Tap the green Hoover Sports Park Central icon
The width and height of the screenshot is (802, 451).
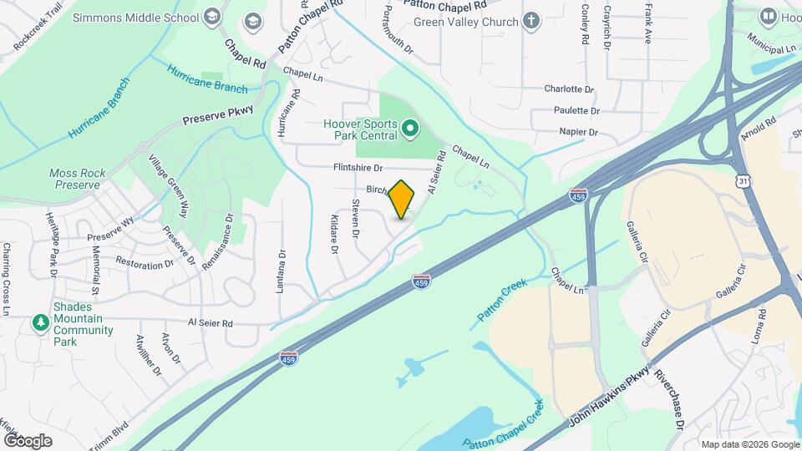[409, 129]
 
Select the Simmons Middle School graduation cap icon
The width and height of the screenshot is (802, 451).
[212, 17]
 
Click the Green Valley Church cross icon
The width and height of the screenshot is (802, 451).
[531, 22]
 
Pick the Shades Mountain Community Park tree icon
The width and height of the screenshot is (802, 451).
[40, 322]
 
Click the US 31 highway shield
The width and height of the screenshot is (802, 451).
[743, 180]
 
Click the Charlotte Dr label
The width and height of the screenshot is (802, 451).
[568, 89]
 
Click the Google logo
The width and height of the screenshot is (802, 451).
[27, 440]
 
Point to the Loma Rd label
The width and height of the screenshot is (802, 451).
[762, 325]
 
